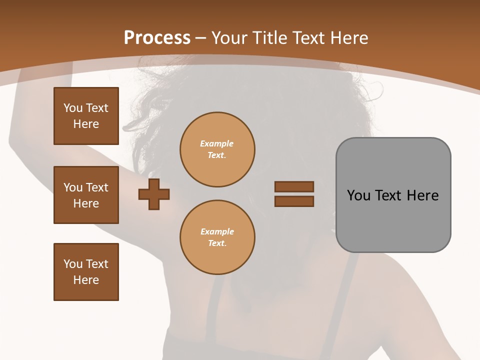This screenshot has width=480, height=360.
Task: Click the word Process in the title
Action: tap(157, 38)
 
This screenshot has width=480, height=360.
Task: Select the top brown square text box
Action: tap(86, 116)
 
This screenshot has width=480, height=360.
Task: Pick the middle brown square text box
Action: tap(86, 195)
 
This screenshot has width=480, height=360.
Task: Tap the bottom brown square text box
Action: tap(86, 272)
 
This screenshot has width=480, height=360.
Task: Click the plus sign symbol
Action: tap(154, 194)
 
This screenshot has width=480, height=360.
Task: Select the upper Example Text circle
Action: tap(217, 149)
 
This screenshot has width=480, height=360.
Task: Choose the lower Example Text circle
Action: tap(217, 237)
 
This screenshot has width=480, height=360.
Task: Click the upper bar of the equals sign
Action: tap(294, 186)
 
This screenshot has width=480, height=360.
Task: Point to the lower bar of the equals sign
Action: tap(294, 201)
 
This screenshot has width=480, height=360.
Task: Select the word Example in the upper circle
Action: tap(216, 143)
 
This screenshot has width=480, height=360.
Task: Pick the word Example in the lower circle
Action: tap(217, 231)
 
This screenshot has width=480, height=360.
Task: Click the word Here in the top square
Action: tap(86, 124)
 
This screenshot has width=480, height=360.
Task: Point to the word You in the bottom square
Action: tap(73, 264)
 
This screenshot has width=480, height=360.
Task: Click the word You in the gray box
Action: tap(358, 195)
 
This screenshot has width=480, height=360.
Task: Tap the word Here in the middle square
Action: tap(86, 203)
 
